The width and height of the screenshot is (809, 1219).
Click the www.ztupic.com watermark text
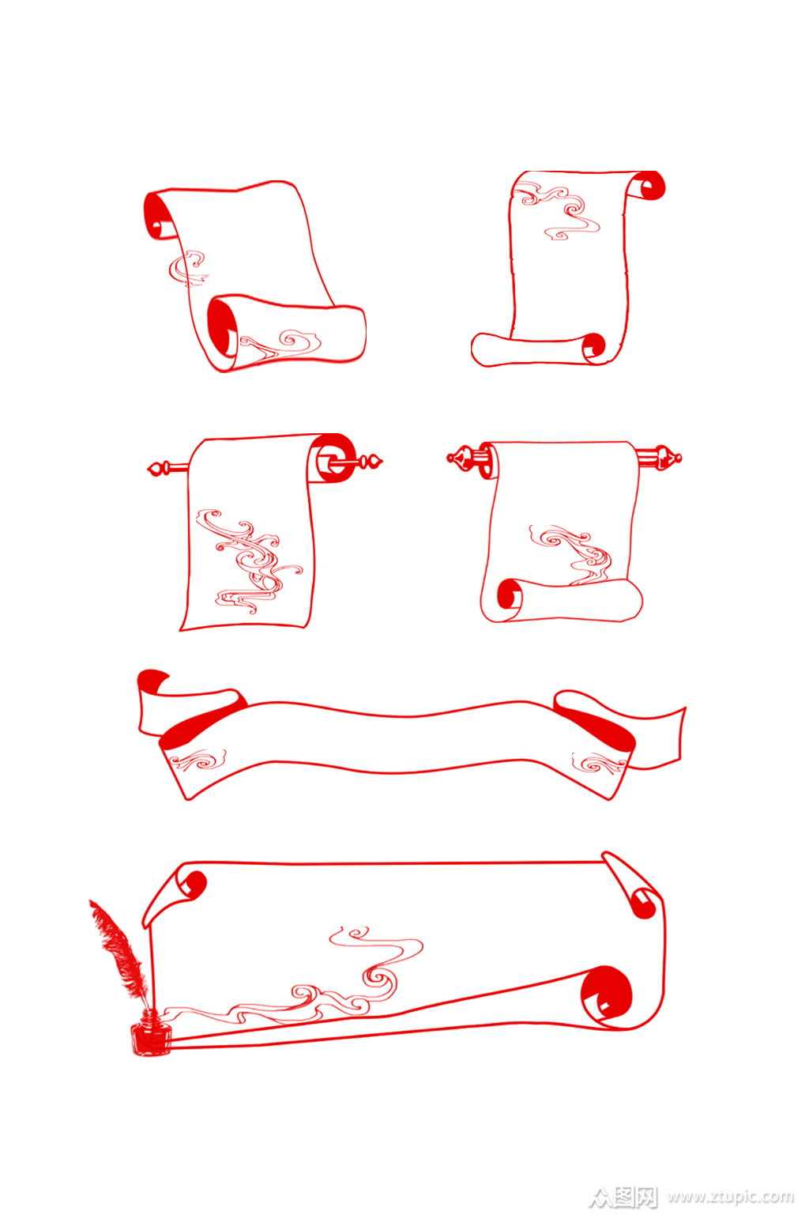click(730, 1196)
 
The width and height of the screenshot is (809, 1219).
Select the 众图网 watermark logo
click(623, 1196)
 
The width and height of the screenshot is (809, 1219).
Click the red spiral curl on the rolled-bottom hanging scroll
click(509, 594)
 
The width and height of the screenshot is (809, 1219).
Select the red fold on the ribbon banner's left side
click(201, 724)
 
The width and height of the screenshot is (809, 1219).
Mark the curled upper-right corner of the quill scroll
click(634, 885)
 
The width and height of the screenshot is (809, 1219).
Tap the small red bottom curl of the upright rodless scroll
click(593, 345)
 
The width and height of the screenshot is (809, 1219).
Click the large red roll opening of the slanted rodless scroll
click(222, 328)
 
